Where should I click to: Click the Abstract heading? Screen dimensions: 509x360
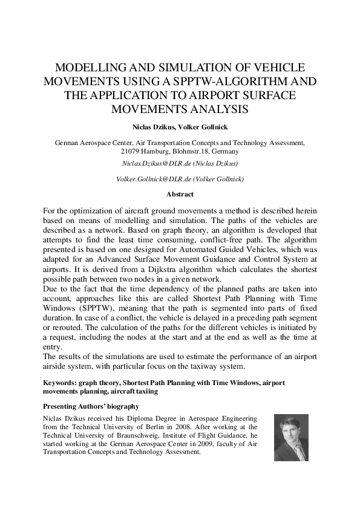click(180, 195)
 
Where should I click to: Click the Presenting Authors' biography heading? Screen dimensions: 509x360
click(91, 406)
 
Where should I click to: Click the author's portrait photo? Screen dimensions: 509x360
click(291, 437)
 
